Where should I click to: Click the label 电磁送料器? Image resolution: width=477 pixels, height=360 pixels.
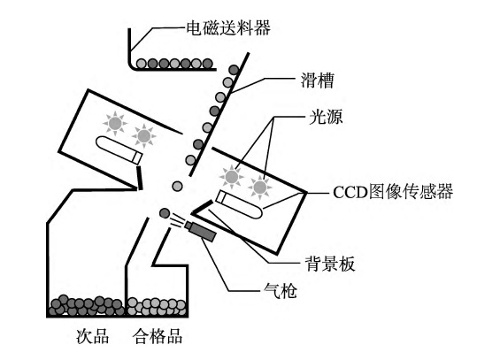(228, 28)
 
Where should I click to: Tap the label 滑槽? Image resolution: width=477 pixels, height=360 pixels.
(318, 80)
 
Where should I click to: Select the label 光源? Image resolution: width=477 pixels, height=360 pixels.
(326, 117)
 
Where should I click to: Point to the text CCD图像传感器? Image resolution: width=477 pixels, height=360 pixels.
(393, 192)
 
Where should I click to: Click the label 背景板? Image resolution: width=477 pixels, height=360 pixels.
(330, 264)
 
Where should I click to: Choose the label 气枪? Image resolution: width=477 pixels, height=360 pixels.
(280, 291)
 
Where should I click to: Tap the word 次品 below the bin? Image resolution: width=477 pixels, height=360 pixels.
(92, 336)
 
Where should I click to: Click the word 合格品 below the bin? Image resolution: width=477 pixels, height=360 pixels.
(158, 336)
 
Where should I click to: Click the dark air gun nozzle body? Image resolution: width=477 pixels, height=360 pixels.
(201, 231)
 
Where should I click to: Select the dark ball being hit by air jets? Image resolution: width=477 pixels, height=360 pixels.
(165, 213)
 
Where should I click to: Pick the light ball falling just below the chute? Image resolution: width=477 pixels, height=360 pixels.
(177, 186)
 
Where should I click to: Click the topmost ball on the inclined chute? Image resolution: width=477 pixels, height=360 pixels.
(234, 70)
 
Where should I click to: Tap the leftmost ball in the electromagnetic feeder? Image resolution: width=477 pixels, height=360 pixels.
(142, 64)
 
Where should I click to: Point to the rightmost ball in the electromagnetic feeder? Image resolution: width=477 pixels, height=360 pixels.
(207, 64)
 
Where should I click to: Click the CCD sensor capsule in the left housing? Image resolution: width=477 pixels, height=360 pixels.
(119, 149)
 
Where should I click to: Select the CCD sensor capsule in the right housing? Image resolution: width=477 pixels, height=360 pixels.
(239, 204)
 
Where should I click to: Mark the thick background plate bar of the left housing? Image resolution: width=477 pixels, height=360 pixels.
(139, 178)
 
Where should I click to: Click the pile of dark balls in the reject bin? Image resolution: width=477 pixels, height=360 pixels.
(87, 305)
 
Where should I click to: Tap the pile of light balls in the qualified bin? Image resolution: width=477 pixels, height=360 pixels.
(157, 306)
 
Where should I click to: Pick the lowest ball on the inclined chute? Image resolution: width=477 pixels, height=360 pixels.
(190, 159)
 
